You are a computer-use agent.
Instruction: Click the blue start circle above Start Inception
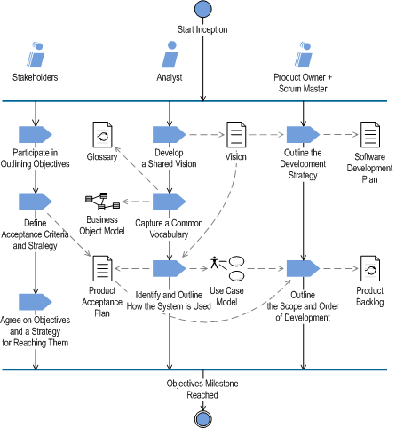(203, 9)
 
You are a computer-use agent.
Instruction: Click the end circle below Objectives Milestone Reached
(203, 419)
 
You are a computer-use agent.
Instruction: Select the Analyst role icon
(170, 54)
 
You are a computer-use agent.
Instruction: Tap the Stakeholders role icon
(36, 54)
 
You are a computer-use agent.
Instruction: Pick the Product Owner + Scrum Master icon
(304, 54)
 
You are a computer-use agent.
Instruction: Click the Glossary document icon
(102, 134)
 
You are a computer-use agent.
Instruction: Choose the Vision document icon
(236, 134)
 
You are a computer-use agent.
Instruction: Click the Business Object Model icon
(102, 202)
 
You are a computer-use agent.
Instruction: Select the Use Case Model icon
(227, 268)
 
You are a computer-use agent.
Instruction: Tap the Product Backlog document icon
(370, 268)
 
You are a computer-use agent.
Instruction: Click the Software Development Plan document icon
(370, 134)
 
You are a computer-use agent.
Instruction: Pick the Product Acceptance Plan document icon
(102, 268)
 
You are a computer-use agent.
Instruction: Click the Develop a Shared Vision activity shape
(170, 134)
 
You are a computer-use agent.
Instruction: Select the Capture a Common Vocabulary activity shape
(170, 202)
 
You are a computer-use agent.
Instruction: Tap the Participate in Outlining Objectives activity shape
(36, 134)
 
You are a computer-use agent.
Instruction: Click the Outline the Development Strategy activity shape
(304, 134)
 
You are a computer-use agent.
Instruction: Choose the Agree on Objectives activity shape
(36, 302)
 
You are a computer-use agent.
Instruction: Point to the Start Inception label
(202, 29)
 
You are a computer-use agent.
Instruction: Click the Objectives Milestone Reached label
(202, 389)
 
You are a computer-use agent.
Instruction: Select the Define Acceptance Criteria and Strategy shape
(36, 202)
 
